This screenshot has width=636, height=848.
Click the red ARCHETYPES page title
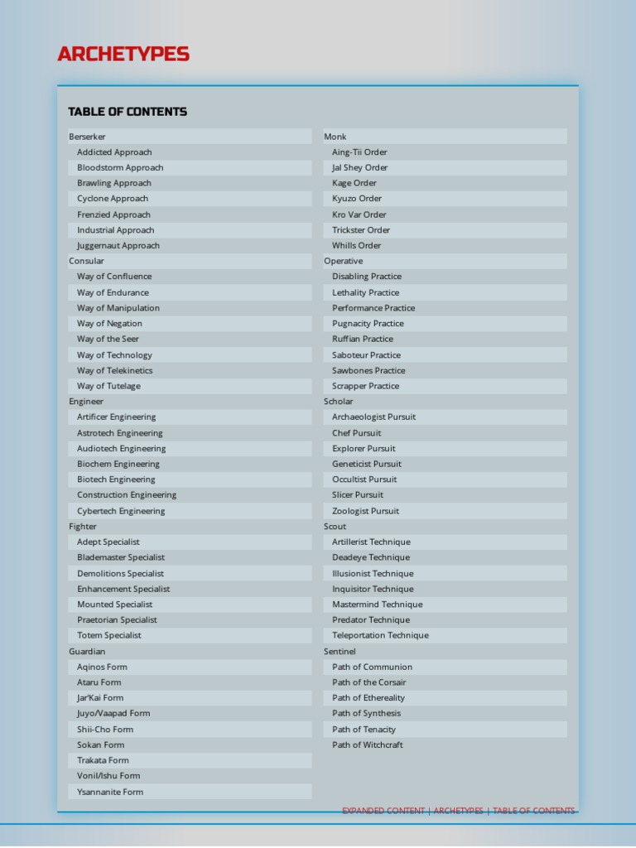pos(123,55)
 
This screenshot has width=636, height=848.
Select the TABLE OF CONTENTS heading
pos(128,112)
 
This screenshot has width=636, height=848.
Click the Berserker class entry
pos(87,137)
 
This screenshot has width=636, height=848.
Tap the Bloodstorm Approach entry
pos(120,167)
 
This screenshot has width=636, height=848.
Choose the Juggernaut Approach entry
pos(118,245)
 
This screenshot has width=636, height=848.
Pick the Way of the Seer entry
pos(108,339)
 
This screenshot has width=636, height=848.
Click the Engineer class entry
pos(86,402)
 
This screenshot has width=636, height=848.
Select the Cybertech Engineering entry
pos(121,511)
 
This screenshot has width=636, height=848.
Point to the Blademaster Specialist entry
pos(121,557)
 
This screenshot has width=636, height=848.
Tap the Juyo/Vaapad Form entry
pos(113,713)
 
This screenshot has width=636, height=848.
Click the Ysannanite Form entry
pos(110,792)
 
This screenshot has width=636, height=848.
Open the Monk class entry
pos(335,137)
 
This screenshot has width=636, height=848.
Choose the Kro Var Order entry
pos(359,214)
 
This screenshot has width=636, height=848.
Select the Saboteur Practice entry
pos(366,354)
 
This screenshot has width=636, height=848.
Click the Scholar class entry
pos(339,402)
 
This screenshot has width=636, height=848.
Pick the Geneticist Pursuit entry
pos(367,464)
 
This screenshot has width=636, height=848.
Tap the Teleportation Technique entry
pos(380,635)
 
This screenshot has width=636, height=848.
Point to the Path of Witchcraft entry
pos(368,744)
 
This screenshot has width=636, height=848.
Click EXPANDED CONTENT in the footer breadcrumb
pos(383,811)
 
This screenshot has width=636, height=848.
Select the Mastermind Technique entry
pos(377,605)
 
